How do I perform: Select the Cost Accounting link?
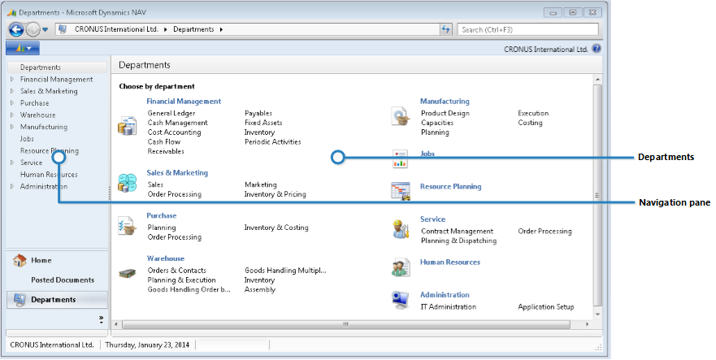pos(174,132)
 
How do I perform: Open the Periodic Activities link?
pos(272,142)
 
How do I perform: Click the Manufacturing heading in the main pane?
pos(444,101)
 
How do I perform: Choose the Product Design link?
pos(445,113)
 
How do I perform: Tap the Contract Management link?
pos(457,232)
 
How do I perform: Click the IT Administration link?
pos(448,307)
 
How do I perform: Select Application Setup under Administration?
pos(545,307)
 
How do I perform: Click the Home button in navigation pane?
pos(41,261)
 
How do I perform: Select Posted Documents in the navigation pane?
pos(63,280)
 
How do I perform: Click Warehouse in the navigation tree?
pos(37,115)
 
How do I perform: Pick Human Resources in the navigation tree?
pos(49,175)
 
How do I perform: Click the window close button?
pos(593,12)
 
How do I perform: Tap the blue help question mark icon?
pos(597,49)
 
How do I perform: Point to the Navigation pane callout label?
pos(675,202)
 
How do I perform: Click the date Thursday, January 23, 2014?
pos(149,345)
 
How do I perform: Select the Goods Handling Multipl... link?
pos(284,271)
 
